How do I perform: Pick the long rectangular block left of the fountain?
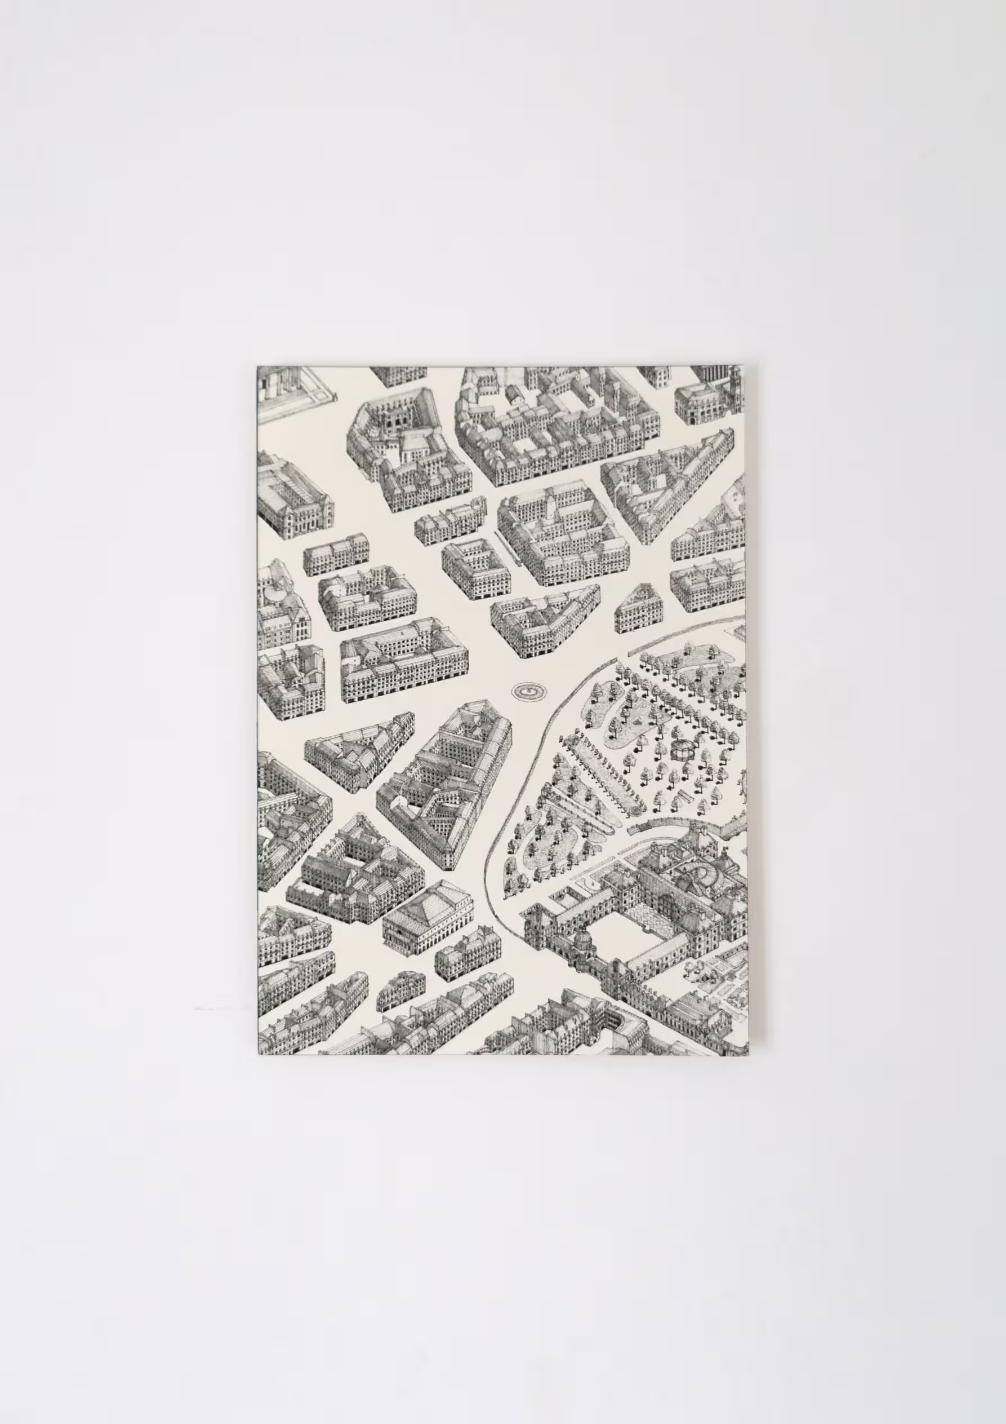[x=404, y=660]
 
